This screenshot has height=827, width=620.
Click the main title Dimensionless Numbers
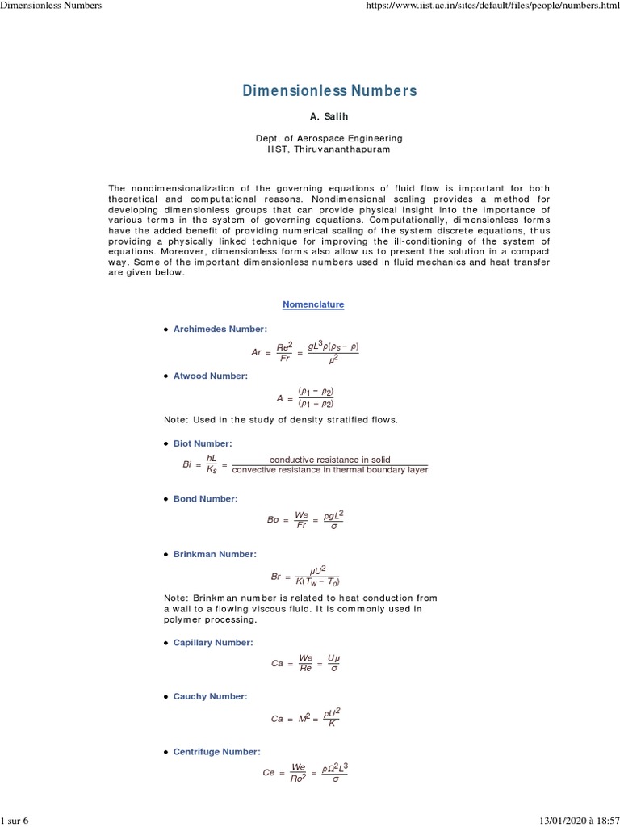[x=329, y=90]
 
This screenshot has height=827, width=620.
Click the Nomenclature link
[x=313, y=304]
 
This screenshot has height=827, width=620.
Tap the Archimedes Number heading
[x=220, y=329]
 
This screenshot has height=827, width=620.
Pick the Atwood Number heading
[x=210, y=376]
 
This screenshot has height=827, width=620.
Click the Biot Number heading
[x=202, y=443]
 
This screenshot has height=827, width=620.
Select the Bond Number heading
[x=205, y=498]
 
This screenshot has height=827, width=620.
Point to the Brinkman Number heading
[x=215, y=554]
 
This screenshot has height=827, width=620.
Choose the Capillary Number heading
[x=213, y=642]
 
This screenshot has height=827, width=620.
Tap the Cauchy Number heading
[x=210, y=696]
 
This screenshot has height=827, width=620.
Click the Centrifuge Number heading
[x=216, y=751]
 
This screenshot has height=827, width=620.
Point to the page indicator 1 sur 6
[x=15, y=821]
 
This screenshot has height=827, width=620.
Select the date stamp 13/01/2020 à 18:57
[x=574, y=821]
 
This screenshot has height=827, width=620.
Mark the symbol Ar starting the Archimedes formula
[x=257, y=352]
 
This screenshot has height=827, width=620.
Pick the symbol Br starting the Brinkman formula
[x=276, y=577]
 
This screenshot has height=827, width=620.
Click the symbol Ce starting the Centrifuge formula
[x=269, y=772]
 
